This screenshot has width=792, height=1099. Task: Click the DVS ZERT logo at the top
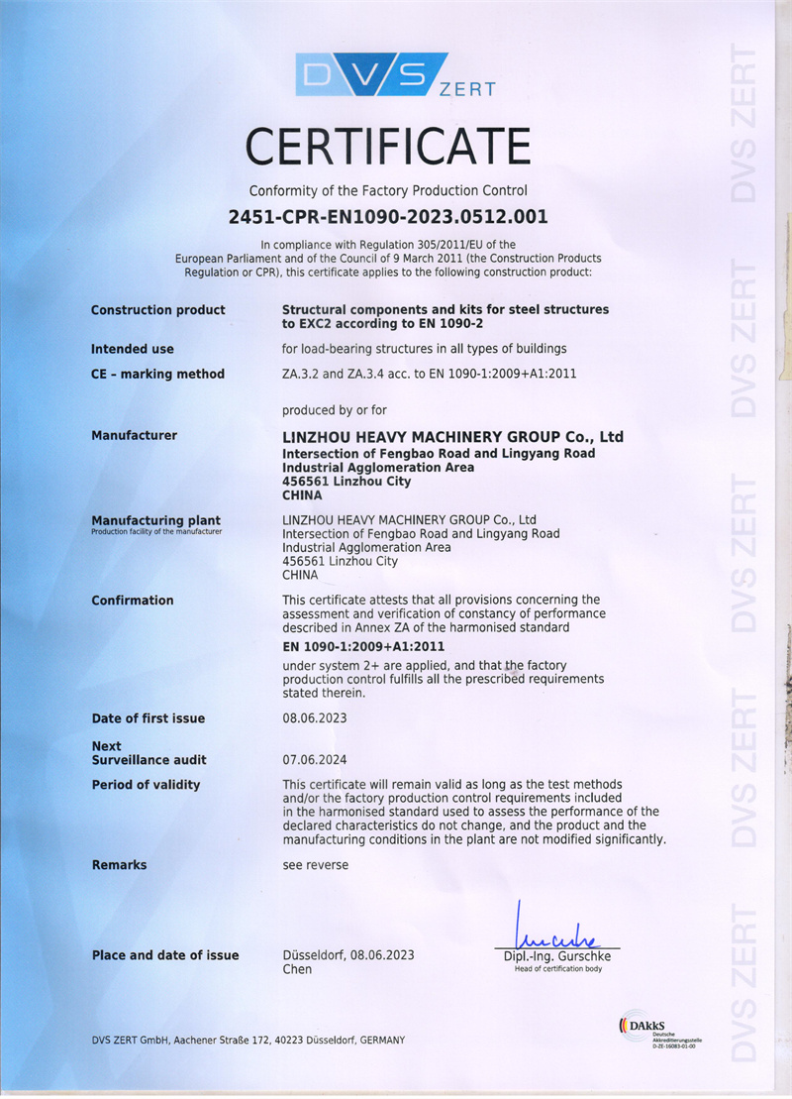pos(395,75)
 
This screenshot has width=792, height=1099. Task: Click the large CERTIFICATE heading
pos(388,147)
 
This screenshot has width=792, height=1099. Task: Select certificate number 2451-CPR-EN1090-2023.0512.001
pos(388,216)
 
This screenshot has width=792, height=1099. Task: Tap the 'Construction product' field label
pos(158,310)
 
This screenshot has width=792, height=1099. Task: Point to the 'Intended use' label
pos(133,349)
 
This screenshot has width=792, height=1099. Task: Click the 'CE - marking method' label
pos(158,374)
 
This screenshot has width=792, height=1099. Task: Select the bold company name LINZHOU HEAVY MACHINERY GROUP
pos(452,437)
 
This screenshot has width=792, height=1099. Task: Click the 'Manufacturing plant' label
pos(156,520)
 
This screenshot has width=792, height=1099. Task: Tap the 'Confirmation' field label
pos(133,601)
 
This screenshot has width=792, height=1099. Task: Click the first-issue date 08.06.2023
pos(315,718)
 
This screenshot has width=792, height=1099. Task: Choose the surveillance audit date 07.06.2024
pos(315,760)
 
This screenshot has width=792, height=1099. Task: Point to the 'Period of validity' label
pos(146,785)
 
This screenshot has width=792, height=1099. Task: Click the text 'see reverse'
pos(316,865)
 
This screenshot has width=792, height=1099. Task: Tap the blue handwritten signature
pos(553,932)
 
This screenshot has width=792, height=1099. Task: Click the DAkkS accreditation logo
pos(654,1028)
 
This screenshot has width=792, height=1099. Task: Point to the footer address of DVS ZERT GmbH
pos(248,1040)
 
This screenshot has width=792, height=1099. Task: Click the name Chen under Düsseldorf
pos(297,969)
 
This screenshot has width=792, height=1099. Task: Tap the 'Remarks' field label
pos(119,865)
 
